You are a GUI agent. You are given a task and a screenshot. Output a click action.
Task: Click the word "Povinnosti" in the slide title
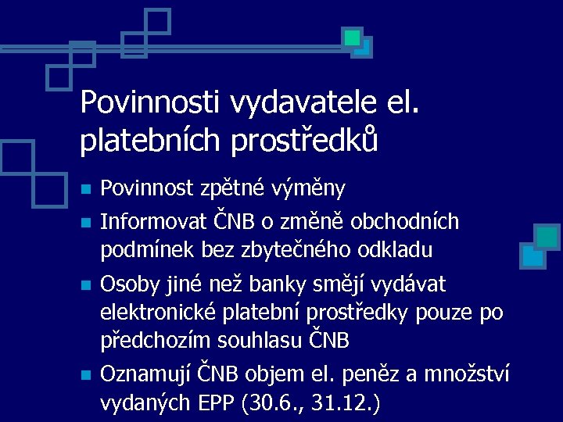click(151, 102)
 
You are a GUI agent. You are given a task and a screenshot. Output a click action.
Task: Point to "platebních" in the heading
click(147, 141)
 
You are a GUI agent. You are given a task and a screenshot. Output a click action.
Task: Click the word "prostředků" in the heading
click(300, 141)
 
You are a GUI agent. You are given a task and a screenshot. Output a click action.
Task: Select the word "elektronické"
click(160, 312)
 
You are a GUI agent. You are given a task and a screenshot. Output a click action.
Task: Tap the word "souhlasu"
click(267, 342)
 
